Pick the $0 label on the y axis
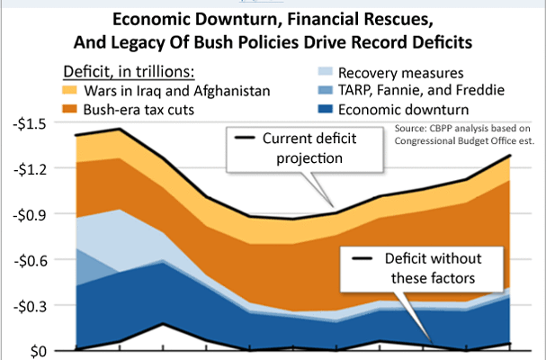pos(36,350)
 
